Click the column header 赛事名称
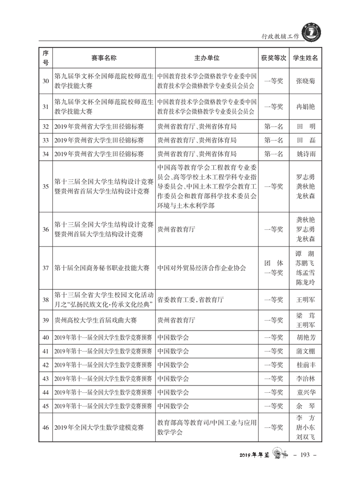click(x=104, y=58)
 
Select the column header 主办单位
click(x=207, y=58)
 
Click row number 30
click(x=45, y=81)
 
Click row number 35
click(x=45, y=186)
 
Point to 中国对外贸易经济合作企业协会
click(x=202, y=268)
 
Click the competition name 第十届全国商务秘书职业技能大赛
click(x=102, y=268)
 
